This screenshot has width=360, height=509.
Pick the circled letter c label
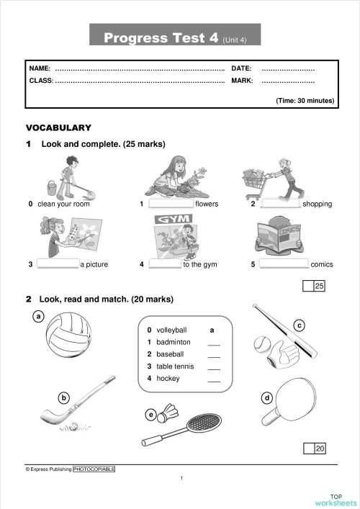click(x=299, y=324)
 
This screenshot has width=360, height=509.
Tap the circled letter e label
click(x=150, y=414)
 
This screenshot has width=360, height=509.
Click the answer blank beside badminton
click(x=213, y=343)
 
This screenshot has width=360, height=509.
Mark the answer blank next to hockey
click(x=213, y=380)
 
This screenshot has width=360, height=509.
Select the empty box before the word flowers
click(x=171, y=204)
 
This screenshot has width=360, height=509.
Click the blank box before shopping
click(x=279, y=204)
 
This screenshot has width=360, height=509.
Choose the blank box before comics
click(x=283, y=264)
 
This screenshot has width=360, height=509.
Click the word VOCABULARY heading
click(x=58, y=127)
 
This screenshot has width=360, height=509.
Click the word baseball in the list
click(x=170, y=354)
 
